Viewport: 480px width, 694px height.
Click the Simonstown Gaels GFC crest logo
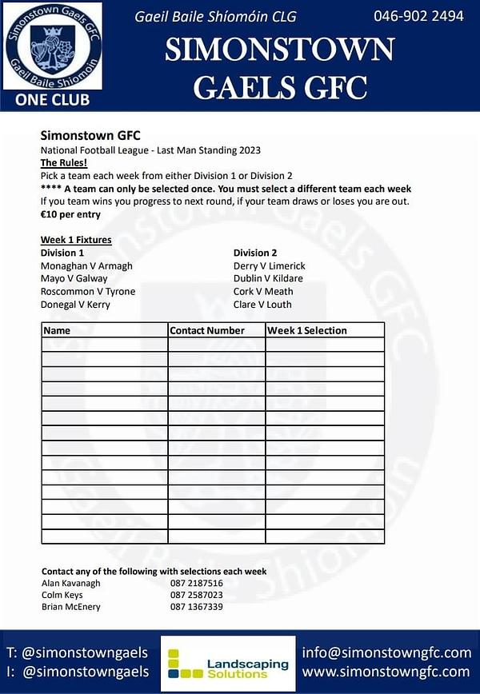[x=53, y=46]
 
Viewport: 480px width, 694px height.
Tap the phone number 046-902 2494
[x=418, y=16]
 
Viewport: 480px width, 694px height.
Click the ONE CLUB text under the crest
[x=53, y=101]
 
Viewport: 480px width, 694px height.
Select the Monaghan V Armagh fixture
[x=86, y=266]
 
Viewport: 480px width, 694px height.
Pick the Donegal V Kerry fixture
[x=75, y=305]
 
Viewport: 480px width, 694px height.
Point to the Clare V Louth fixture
[x=262, y=305]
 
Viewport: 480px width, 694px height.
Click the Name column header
[x=57, y=330]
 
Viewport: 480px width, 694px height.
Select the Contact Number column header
[x=207, y=330]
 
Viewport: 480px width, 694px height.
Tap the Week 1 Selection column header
[x=307, y=330]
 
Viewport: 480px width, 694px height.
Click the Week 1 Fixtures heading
[x=76, y=240]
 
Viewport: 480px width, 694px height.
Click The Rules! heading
[x=64, y=162]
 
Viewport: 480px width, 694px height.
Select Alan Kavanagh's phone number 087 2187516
[x=197, y=584]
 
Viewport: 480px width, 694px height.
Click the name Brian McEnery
[x=71, y=608]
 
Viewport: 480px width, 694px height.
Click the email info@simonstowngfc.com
[x=386, y=652]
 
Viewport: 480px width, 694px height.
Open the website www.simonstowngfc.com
[x=386, y=672]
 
